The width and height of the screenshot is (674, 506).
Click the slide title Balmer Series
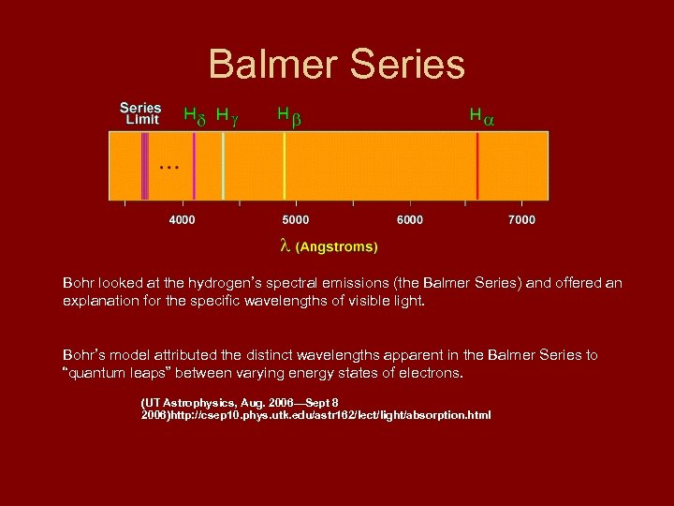click(336, 65)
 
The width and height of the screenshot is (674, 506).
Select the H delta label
click(194, 116)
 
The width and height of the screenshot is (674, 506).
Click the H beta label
click(289, 116)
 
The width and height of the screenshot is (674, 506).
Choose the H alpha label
click(482, 116)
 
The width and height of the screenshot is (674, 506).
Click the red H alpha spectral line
click(477, 166)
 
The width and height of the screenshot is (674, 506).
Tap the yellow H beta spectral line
click(285, 166)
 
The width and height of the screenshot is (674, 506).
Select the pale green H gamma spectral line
click(223, 166)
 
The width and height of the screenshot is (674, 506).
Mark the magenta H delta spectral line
click(194, 166)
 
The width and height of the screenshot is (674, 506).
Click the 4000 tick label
click(182, 220)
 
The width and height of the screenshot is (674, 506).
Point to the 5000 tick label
click(295, 220)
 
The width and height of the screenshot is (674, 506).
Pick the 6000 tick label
click(409, 220)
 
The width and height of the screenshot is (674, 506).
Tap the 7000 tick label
click(521, 220)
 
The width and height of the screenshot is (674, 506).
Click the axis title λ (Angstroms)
click(330, 247)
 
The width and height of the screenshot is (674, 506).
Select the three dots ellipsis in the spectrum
click(168, 167)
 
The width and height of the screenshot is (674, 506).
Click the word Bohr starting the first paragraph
click(79, 282)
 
